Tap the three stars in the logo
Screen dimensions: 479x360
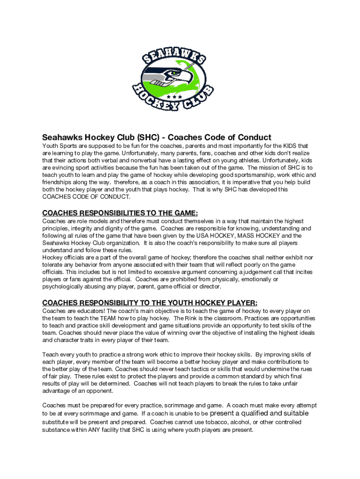click(178, 96)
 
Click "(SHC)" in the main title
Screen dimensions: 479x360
click(150, 138)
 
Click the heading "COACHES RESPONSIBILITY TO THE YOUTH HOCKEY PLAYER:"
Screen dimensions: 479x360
click(150, 302)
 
